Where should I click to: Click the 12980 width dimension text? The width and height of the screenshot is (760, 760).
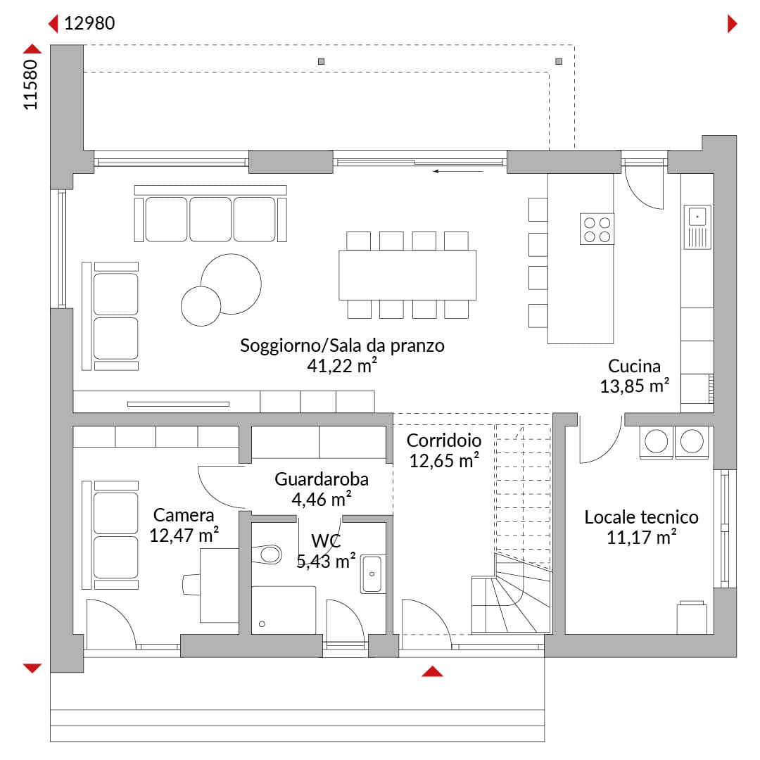tap(89, 23)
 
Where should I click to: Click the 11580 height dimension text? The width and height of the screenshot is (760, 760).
tap(30, 85)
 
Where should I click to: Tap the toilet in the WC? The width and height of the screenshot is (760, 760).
tap(267, 554)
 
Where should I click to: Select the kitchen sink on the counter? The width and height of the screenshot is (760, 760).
tap(697, 227)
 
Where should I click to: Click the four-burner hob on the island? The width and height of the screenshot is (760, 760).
tap(597, 229)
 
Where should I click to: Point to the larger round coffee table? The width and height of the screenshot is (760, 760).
tap(232, 284)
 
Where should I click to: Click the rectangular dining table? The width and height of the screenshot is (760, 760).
tap(407, 275)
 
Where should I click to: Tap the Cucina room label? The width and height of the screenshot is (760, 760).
tap(634, 366)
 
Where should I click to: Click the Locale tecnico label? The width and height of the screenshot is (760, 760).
tap(641, 517)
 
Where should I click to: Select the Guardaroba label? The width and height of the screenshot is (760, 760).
tap(322, 479)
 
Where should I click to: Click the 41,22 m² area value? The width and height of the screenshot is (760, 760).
tap(342, 366)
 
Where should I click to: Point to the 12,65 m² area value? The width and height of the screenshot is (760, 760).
tap(444, 460)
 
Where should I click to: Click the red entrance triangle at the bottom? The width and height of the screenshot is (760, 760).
tap(432, 671)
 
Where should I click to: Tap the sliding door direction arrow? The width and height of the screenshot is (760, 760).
tap(458, 171)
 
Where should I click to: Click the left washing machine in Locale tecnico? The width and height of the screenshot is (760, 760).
tap(657, 442)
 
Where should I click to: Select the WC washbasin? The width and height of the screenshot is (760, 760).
tap(372, 574)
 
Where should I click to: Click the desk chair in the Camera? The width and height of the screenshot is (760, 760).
tap(191, 585)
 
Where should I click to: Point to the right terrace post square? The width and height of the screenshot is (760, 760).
tap(559, 61)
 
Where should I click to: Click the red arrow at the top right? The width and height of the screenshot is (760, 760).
tap(733, 24)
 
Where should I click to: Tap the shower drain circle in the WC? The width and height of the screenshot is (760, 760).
tap(262, 623)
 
